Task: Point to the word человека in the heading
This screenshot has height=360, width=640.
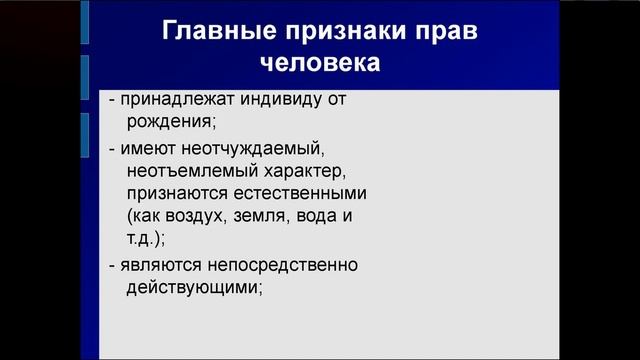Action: point(320,64)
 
